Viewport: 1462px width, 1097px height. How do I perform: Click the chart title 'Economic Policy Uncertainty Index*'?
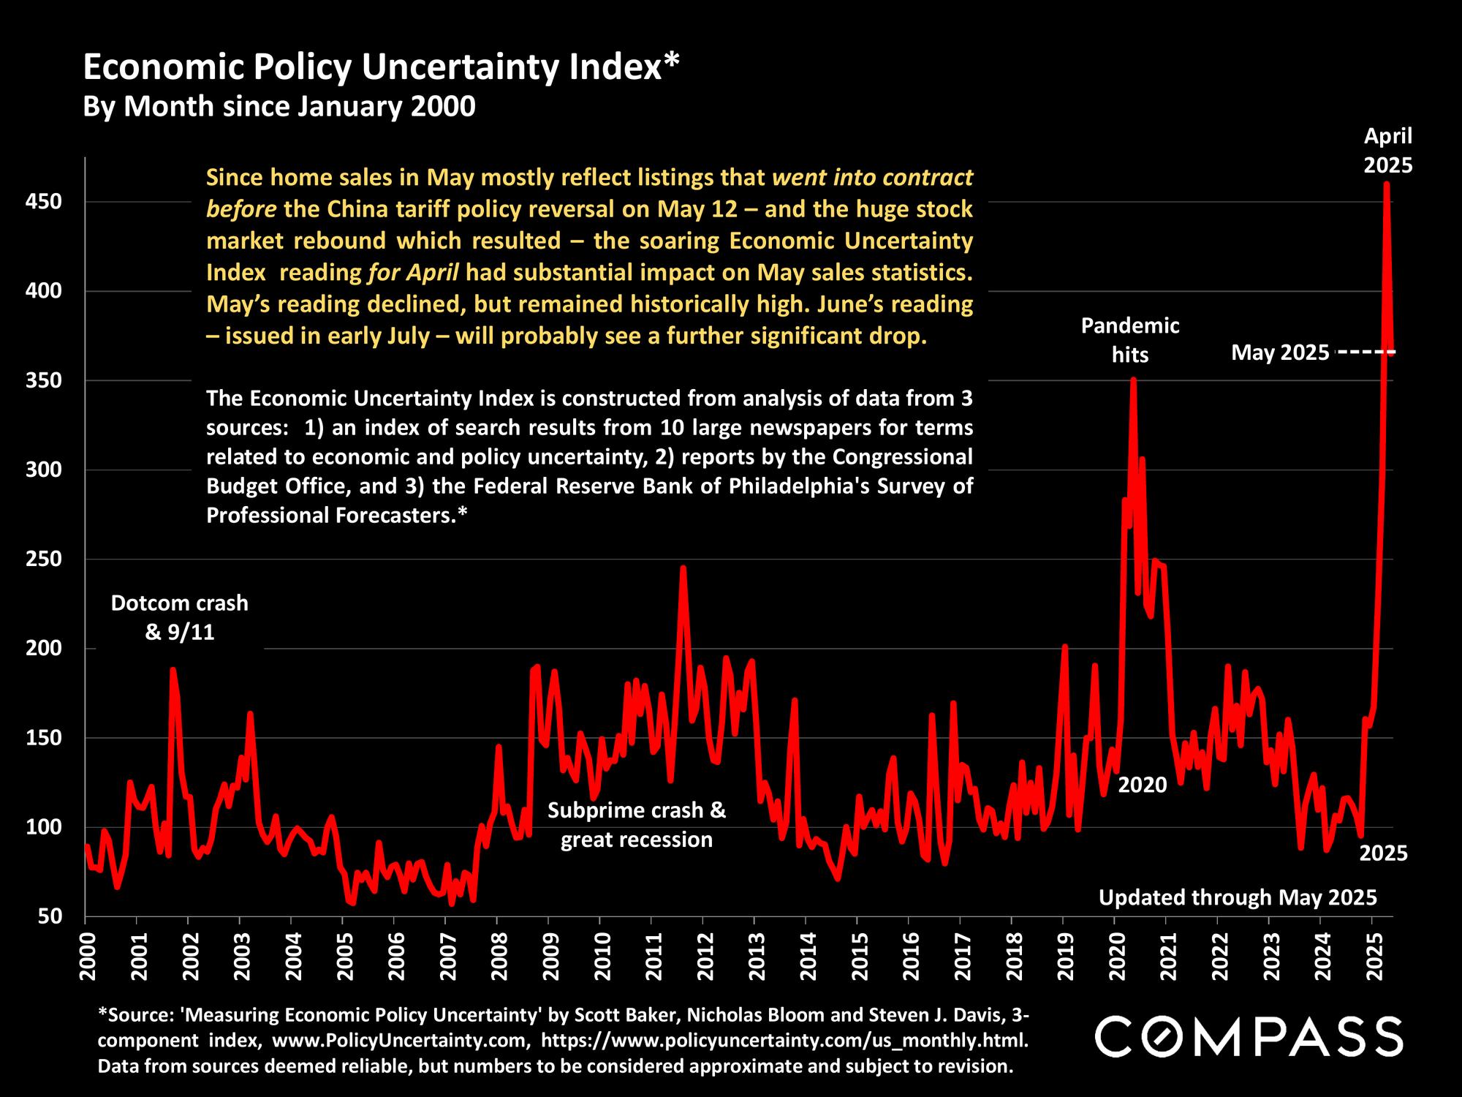381,67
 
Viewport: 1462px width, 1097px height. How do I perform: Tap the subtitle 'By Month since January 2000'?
279,107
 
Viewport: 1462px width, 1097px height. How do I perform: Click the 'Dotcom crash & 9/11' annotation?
180,617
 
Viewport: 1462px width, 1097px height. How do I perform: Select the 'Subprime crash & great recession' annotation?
637,825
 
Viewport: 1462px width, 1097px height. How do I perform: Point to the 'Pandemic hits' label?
1130,340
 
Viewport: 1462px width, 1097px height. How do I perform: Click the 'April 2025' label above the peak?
1388,151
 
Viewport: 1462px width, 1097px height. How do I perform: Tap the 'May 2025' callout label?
1280,353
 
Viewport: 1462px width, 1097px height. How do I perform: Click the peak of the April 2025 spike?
1387,184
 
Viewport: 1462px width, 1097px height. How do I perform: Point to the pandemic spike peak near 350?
1133,380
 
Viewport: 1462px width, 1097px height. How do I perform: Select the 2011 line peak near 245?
683,568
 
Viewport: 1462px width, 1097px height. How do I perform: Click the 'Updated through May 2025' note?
1238,897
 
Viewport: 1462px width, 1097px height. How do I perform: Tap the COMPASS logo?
1249,1036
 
